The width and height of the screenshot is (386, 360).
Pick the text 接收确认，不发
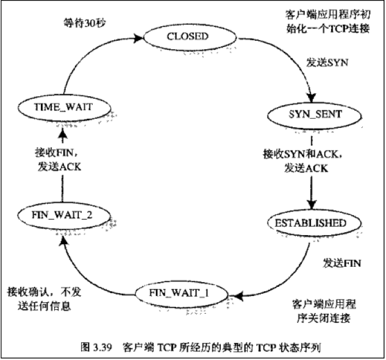click(44, 291)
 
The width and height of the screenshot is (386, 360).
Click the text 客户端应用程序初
click(327, 13)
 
